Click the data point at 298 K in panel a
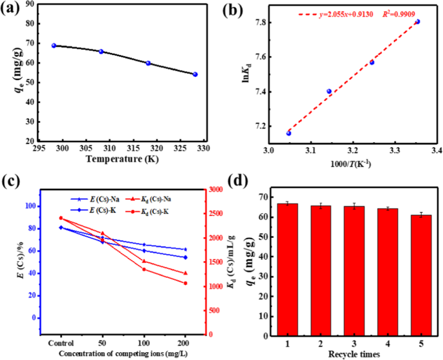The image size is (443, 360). tap(54, 45)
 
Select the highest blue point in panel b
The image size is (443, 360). tap(417, 21)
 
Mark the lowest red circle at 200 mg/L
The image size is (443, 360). tap(185, 283)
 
